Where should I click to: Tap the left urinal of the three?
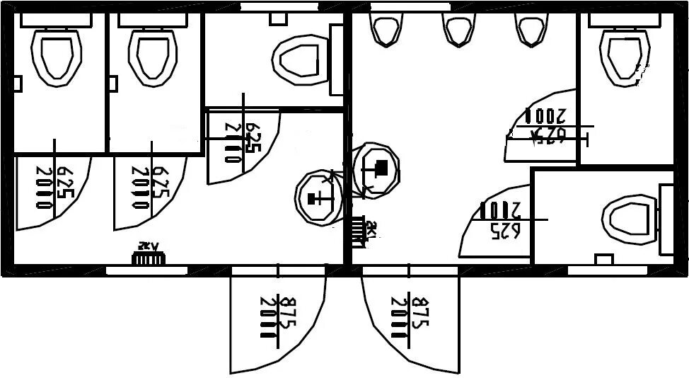(x=384, y=29)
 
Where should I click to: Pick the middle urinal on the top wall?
(x=457, y=29)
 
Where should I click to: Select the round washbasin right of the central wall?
(x=375, y=168)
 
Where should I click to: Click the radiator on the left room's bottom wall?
(x=149, y=258)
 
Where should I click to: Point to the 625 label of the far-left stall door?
(x=64, y=186)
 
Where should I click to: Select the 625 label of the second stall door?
(x=161, y=186)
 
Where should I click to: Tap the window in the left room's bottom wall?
(x=146, y=270)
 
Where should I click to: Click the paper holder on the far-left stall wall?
(x=18, y=84)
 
